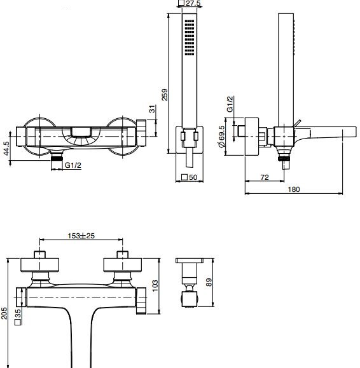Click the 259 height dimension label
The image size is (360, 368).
tap(165, 95)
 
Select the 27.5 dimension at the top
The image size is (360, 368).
tap(193, 3)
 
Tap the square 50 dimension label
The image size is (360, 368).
tap(190, 177)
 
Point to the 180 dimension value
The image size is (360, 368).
tap(294, 189)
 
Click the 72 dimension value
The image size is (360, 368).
tap(265, 177)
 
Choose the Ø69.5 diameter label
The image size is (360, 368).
tap(221, 137)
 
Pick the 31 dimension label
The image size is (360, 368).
tap(153, 109)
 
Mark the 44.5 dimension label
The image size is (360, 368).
tap(6, 148)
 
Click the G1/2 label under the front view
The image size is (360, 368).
tap(73, 165)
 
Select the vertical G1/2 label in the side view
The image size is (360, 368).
tap(230, 104)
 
